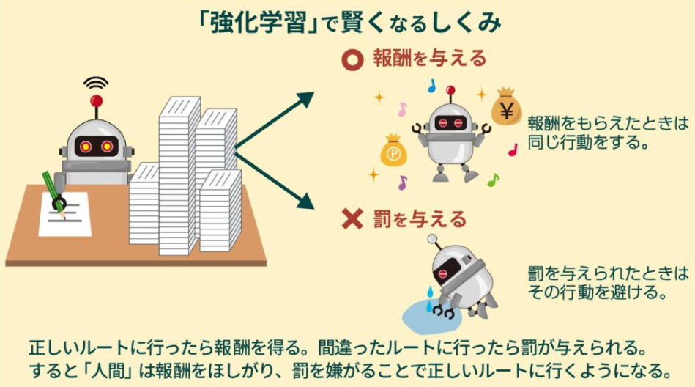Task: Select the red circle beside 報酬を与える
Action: coord(353,60)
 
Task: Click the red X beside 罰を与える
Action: coord(352,219)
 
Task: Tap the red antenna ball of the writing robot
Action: coord(96,101)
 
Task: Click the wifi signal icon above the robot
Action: coord(96,84)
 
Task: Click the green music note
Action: coord(493,180)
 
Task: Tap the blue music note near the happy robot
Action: coord(431,86)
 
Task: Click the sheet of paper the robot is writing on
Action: coord(65,214)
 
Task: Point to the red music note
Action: coord(513,150)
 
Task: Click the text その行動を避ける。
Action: coord(597,292)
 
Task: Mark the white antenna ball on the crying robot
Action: coord(432,240)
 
